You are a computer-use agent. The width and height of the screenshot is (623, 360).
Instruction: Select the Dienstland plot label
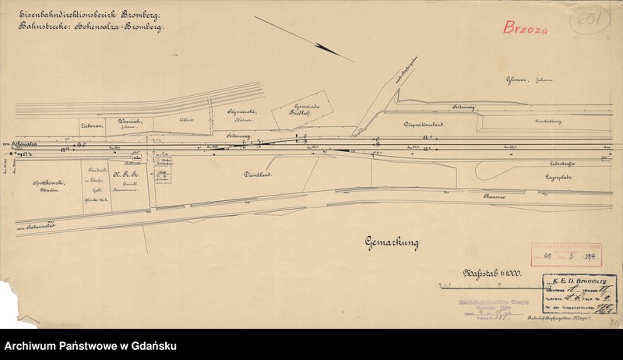258,176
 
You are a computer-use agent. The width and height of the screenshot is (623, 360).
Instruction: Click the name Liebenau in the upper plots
93,124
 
